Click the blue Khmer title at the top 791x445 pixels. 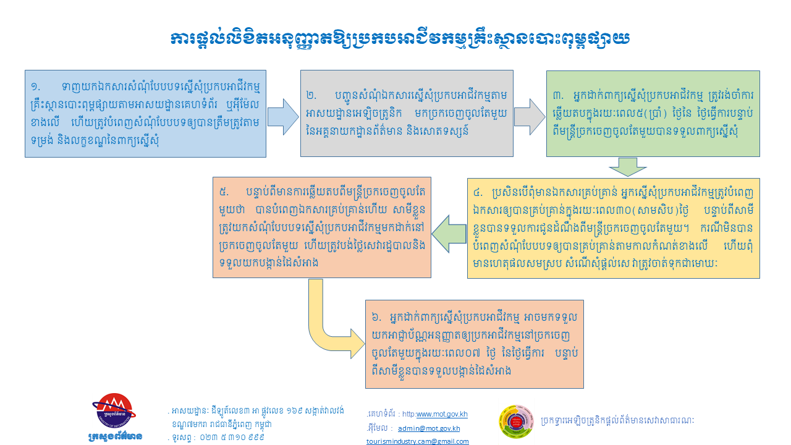coord(400,40)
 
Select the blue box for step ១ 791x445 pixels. coord(145,114)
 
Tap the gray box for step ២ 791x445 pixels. coord(407,113)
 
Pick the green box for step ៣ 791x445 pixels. coord(653,114)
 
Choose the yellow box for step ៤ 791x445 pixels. coord(614,229)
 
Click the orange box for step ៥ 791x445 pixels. coord(322,227)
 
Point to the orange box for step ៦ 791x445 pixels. coord(474,344)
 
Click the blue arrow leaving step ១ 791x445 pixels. coord(283,117)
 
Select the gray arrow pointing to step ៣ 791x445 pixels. coord(530,117)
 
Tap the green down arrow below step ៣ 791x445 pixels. coord(628,167)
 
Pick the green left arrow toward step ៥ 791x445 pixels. coord(449,234)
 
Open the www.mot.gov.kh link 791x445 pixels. coord(442,414)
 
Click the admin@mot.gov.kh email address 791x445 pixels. coord(429,428)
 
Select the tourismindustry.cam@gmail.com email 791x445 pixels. coord(417,441)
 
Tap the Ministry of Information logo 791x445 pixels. coord(114,417)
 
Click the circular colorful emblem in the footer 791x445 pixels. coord(516,422)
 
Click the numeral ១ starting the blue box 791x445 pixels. coord(35,87)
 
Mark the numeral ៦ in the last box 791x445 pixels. coord(376,317)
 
